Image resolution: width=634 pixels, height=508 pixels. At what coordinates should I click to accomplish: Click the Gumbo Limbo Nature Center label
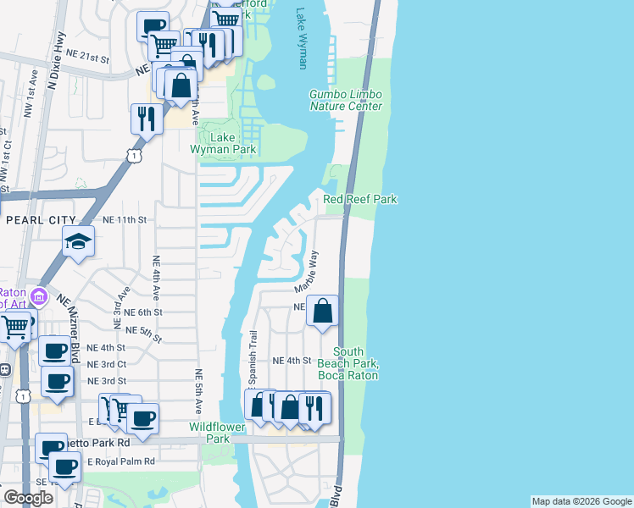point(345,100)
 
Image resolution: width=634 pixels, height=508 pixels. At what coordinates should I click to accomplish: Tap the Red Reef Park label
point(360,200)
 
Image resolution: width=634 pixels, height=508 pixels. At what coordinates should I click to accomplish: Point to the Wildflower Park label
point(217,433)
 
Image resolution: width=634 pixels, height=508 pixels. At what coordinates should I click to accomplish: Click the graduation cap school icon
point(78,242)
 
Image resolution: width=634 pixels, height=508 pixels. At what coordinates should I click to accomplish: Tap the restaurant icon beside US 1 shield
point(147,118)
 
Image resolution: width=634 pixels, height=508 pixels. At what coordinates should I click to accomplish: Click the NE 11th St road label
point(125,219)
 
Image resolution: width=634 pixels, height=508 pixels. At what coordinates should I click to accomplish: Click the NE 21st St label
point(89,58)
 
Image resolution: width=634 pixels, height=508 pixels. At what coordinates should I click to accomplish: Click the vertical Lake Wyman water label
point(302,38)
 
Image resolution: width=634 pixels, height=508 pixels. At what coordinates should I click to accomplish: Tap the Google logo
point(27,498)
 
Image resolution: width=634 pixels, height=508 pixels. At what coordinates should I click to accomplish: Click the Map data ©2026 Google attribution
point(581,501)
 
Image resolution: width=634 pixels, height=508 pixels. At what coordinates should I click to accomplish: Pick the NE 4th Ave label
point(156,279)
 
